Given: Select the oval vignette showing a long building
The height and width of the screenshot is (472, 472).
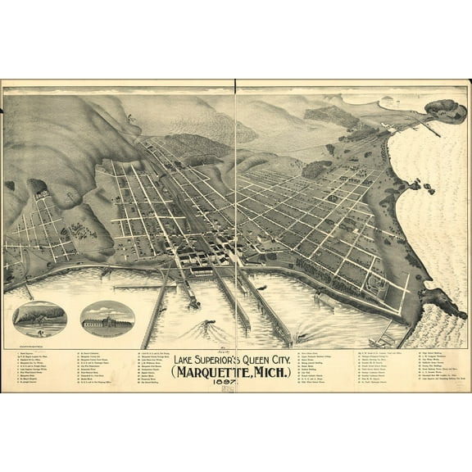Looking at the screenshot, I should tap(107, 318).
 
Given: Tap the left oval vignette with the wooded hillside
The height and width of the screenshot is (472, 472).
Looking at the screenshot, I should tap(40, 318).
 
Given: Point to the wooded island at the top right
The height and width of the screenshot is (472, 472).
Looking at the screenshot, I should tap(446, 109).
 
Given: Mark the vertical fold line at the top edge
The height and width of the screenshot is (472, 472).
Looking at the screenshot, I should tap(236, 86).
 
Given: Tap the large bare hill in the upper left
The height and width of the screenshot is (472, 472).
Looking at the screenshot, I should tap(57, 131).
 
